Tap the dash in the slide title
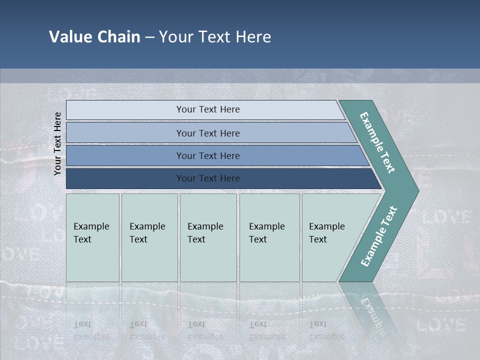[x=149, y=37]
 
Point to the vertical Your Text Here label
[x=57, y=143]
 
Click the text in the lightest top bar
[x=208, y=109]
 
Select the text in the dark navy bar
[x=208, y=178]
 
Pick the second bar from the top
[x=208, y=133]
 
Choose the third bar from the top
[x=208, y=156]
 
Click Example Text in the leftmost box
[x=91, y=233]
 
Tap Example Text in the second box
[x=147, y=233]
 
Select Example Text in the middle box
[x=205, y=233]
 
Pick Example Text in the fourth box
[x=266, y=233]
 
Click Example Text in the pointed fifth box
[x=326, y=233]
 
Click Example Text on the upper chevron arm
[x=378, y=142]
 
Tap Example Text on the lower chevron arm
[x=379, y=236]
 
